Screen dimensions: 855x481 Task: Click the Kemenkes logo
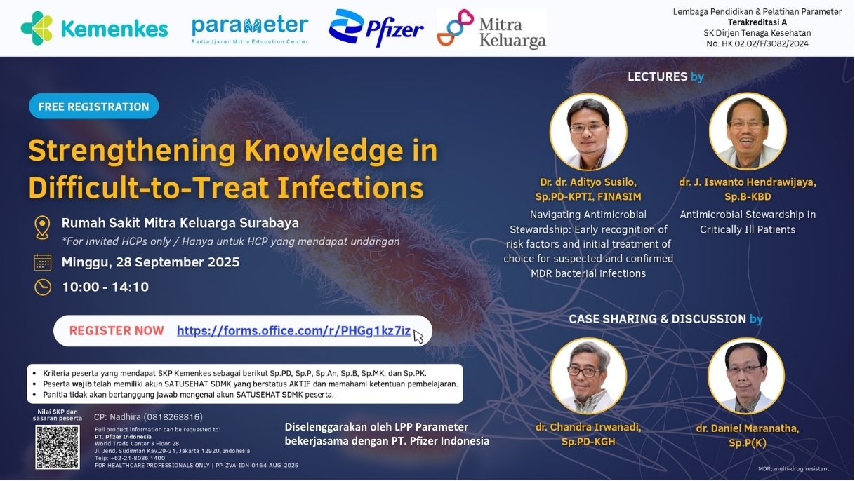(x=94, y=29)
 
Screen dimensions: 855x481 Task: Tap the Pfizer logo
(x=376, y=28)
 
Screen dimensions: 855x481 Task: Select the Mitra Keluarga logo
(x=491, y=29)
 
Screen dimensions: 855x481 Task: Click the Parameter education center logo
(x=250, y=29)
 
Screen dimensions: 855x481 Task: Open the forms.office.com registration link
(x=293, y=330)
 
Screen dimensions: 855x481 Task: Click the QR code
(x=58, y=447)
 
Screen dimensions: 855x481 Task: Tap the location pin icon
(x=42, y=228)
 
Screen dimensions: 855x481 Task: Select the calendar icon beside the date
(x=42, y=262)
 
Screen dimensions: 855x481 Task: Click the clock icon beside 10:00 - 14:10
(x=43, y=287)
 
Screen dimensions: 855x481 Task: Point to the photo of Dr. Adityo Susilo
(x=588, y=132)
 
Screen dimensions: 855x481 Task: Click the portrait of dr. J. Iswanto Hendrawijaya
(x=748, y=132)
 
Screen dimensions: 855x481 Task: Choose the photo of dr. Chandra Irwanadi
(x=588, y=376)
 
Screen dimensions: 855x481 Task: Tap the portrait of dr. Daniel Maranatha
(x=746, y=376)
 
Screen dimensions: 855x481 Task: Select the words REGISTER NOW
(x=117, y=330)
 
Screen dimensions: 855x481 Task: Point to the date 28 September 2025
(x=178, y=262)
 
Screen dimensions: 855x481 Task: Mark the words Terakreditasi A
(x=757, y=22)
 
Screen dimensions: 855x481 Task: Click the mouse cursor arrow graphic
(x=418, y=337)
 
